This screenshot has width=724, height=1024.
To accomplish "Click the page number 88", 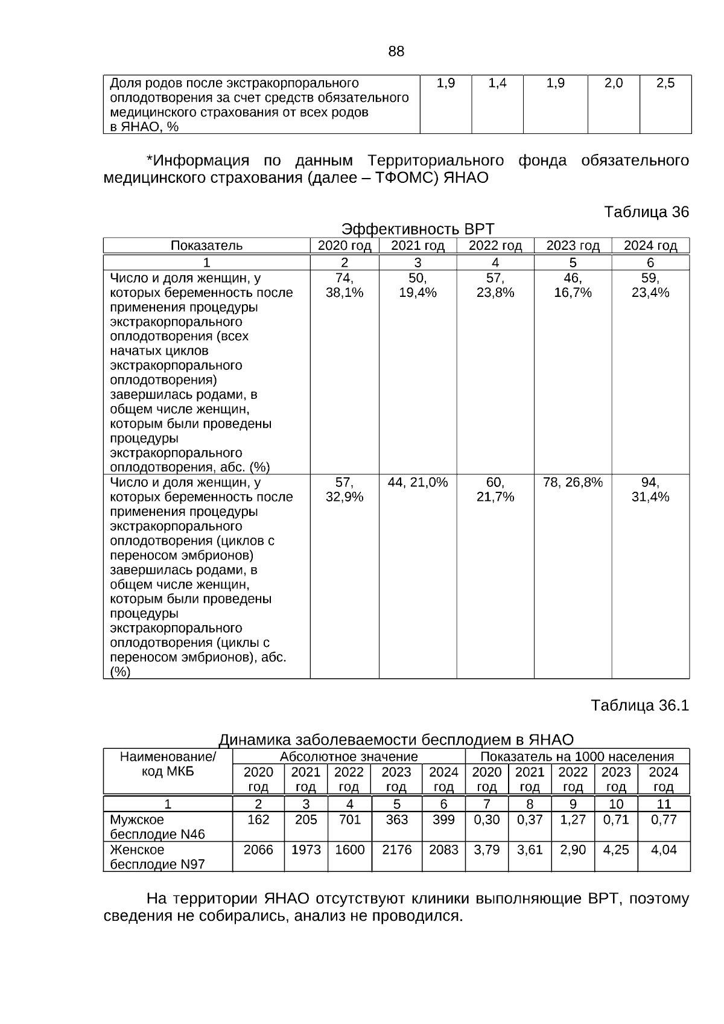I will point(396,52).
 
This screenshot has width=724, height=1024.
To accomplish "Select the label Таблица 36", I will point(646,212).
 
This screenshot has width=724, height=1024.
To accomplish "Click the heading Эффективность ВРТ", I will point(418,229).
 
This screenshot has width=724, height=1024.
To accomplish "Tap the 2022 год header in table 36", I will point(495,246).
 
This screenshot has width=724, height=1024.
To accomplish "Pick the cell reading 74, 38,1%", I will point(345,285).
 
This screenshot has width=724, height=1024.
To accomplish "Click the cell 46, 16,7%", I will point(573,285).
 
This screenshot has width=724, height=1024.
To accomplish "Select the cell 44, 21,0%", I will point(418,482).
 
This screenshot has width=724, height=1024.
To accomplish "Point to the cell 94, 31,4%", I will point(650,489).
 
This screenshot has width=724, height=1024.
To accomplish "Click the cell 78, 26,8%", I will point(573,482).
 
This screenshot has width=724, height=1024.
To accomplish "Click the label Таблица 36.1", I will point(640,705).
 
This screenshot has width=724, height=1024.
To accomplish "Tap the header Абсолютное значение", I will point(349,757).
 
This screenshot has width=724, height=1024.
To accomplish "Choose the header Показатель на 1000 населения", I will point(577,757).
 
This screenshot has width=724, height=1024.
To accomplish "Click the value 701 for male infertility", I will point(349,820).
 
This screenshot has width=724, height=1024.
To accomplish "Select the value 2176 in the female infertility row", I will point(396,850).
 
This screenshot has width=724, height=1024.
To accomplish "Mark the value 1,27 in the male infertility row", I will point(573,820).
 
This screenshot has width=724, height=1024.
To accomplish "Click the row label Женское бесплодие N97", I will point(157,857).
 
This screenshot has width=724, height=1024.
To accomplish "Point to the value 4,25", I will point(616,850).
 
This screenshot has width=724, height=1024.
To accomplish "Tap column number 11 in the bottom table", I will point(663,804).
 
